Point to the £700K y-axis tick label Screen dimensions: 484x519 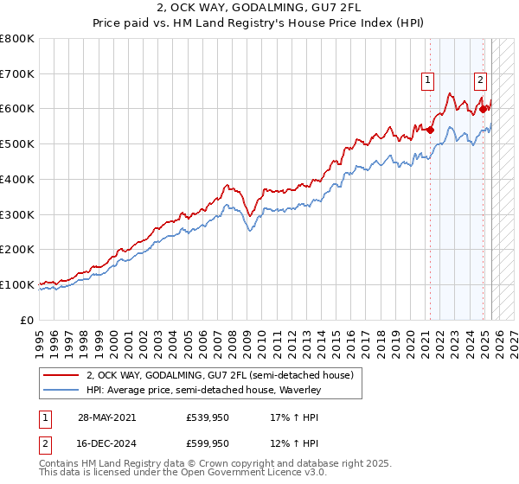(x=17, y=73)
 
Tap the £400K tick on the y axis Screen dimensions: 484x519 (x=17, y=179)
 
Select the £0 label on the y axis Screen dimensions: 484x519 (x=27, y=320)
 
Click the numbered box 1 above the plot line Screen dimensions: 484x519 (x=427, y=80)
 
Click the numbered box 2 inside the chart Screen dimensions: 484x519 (x=480, y=80)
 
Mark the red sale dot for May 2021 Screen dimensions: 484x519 (x=430, y=130)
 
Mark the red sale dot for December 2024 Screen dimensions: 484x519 (x=483, y=109)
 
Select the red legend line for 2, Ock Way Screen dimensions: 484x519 (x=61, y=376)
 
